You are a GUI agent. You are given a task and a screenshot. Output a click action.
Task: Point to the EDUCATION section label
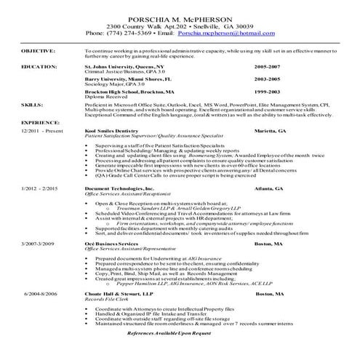(35, 65)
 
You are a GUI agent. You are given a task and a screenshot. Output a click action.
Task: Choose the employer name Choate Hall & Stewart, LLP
(116, 292)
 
